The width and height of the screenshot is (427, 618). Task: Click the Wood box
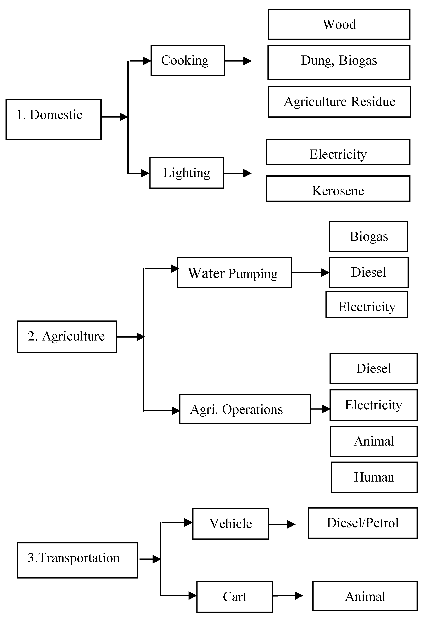click(339, 24)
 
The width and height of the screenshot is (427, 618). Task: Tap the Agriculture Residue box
click(339, 102)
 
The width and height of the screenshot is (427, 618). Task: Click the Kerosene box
click(338, 189)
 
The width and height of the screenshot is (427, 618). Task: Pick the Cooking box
click(188, 60)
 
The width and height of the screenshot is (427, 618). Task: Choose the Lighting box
click(187, 173)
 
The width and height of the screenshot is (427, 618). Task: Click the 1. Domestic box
click(53, 119)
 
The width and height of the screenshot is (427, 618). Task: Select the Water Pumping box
click(234, 273)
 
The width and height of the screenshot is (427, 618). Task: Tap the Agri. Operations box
click(245, 409)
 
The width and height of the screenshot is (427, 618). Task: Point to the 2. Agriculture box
click(67, 337)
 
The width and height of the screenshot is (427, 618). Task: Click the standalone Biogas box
click(368, 237)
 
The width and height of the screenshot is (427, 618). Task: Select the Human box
click(374, 477)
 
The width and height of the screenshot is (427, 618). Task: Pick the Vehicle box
click(230, 524)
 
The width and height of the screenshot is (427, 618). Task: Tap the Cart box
click(235, 597)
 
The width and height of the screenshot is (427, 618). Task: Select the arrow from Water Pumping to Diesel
click(310, 273)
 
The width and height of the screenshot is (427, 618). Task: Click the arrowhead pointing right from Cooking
click(247, 61)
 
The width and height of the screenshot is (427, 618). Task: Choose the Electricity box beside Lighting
click(338, 152)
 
